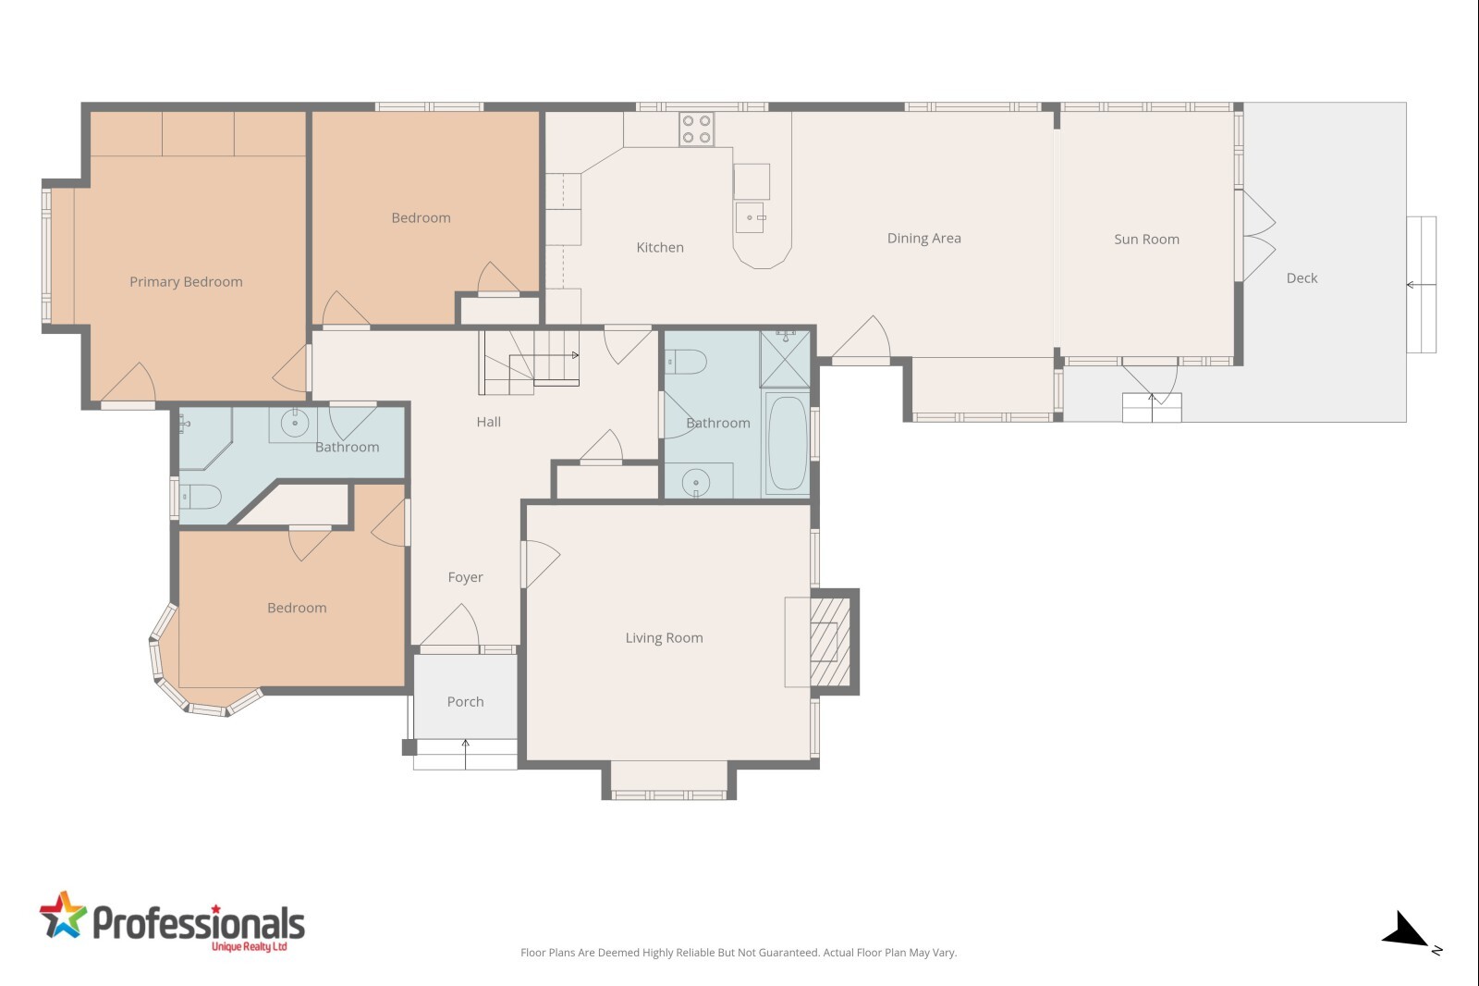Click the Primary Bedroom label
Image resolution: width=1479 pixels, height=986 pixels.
pyautogui.click(x=186, y=282)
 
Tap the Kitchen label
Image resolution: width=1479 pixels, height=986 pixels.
pyautogui.click(x=660, y=247)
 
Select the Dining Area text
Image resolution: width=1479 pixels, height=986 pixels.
pyautogui.click(x=923, y=239)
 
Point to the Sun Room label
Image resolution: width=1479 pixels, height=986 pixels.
pyautogui.click(x=1146, y=240)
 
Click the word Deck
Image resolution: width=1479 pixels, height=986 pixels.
pyautogui.click(x=1302, y=278)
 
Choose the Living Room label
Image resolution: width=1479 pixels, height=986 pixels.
pyautogui.click(x=664, y=638)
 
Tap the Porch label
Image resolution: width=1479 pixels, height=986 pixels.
pyautogui.click(x=465, y=702)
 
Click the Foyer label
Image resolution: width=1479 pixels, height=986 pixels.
pyautogui.click(x=465, y=577)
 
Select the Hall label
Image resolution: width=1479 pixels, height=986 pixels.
pyautogui.click(x=489, y=422)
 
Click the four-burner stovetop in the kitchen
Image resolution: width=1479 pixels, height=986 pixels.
pyautogui.click(x=697, y=129)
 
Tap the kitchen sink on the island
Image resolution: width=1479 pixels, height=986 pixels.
pyautogui.click(x=750, y=217)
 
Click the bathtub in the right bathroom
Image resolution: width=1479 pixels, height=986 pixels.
pyautogui.click(x=787, y=443)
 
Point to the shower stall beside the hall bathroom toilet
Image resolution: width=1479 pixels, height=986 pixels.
pyautogui.click(x=785, y=359)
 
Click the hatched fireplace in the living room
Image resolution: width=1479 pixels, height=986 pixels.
pyautogui.click(x=830, y=642)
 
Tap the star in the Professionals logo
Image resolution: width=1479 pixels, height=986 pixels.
pyautogui.click(x=64, y=916)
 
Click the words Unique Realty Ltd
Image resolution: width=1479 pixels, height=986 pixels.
pyautogui.click(x=249, y=947)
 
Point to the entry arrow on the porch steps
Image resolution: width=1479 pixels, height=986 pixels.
pyautogui.click(x=466, y=754)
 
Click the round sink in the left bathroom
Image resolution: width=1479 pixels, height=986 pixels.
pyautogui.click(x=295, y=423)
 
